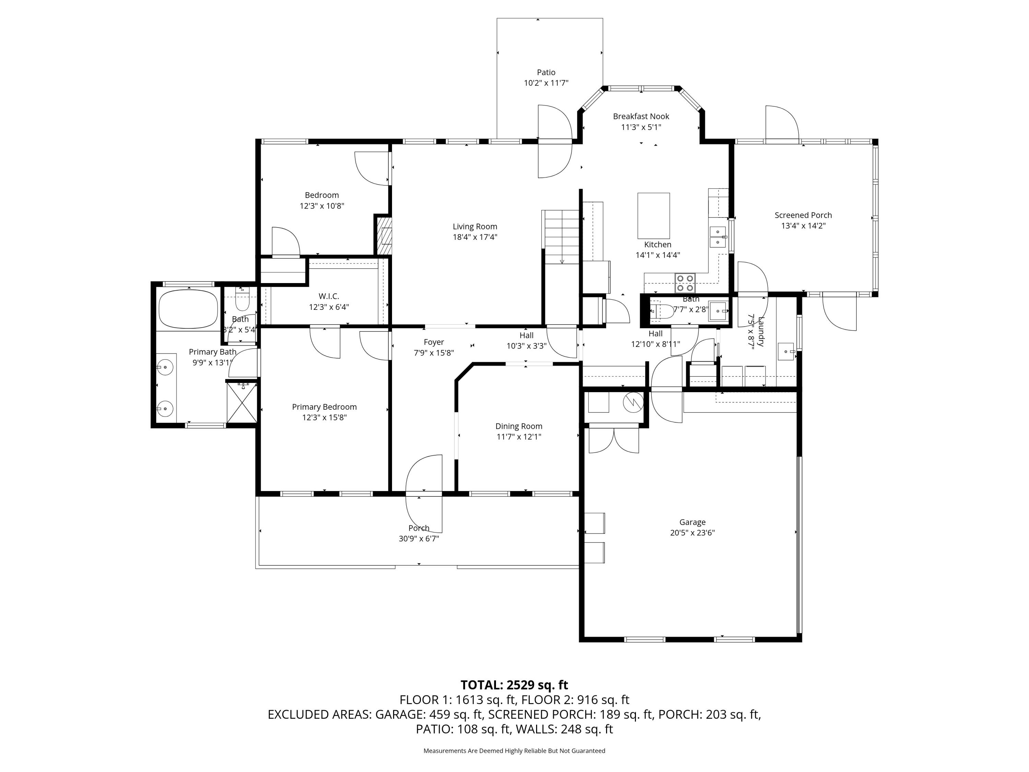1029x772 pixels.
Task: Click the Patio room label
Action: click(x=546, y=72)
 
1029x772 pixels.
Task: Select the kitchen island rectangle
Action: click(x=653, y=215)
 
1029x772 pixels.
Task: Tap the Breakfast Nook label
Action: click(x=641, y=116)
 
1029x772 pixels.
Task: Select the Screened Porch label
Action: click(x=803, y=215)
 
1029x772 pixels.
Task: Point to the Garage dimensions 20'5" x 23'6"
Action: click(x=692, y=533)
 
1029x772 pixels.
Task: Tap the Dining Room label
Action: click(x=518, y=426)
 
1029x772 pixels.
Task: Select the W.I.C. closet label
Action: click(x=329, y=296)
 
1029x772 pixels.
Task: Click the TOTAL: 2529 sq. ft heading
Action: click(x=514, y=685)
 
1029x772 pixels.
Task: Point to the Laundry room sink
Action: click(x=786, y=351)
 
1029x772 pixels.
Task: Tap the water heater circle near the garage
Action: click(x=633, y=401)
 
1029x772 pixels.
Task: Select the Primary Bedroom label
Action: click(x=324, y=407)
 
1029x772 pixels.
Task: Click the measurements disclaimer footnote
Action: click(x=514, y=751)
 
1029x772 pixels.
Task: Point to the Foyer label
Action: click(x=434, y=342)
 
